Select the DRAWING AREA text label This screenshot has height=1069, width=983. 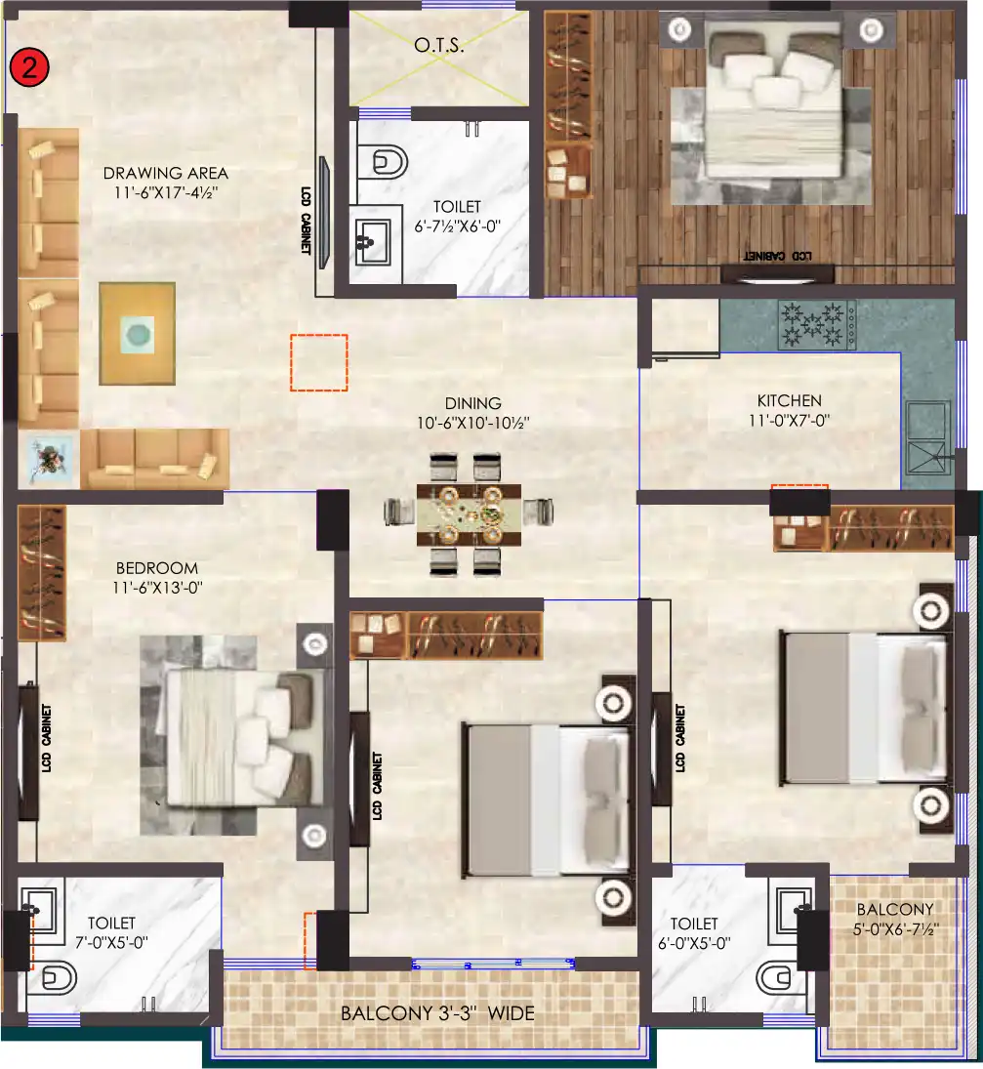[x=165, y=174]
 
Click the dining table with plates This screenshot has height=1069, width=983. [x=468, y=512]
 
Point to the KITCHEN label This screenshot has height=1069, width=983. [x=789, y=400]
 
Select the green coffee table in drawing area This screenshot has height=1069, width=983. [x=138, y=334]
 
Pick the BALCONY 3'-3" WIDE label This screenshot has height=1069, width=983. [x=437, y=1013]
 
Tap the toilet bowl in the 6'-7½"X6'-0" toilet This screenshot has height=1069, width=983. [x=389, y=160]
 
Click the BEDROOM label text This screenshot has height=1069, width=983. [x=156, y=568]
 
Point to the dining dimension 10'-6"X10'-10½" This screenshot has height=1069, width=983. [x=472, y=422]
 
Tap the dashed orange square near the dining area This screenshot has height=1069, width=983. [x=319, y=362]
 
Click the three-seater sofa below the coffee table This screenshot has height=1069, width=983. [x=154, y=458]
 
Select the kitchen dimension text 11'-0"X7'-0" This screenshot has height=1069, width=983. [x=789, y=421]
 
